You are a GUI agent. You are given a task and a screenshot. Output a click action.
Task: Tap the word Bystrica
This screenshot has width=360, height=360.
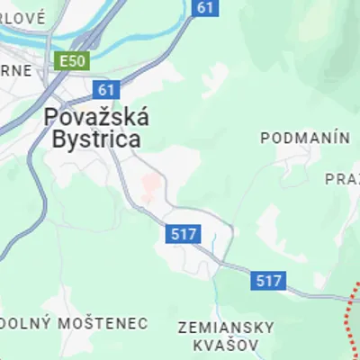[x=96, y=139]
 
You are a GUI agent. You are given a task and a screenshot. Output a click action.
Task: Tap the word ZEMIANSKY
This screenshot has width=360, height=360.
[x=219, y=326]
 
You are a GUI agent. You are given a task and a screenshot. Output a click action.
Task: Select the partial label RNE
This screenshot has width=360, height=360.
[x=15, y=70]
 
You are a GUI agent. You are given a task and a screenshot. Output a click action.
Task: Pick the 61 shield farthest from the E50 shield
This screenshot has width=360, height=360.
[x=206, y=7]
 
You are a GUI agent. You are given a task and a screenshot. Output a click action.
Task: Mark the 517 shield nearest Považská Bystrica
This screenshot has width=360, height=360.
[x=183, y=234]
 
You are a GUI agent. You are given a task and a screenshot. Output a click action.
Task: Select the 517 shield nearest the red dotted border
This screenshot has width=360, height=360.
[x=267, y=280]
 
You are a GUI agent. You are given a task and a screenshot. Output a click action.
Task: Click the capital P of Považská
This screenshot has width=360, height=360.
[x=53, y=118]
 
